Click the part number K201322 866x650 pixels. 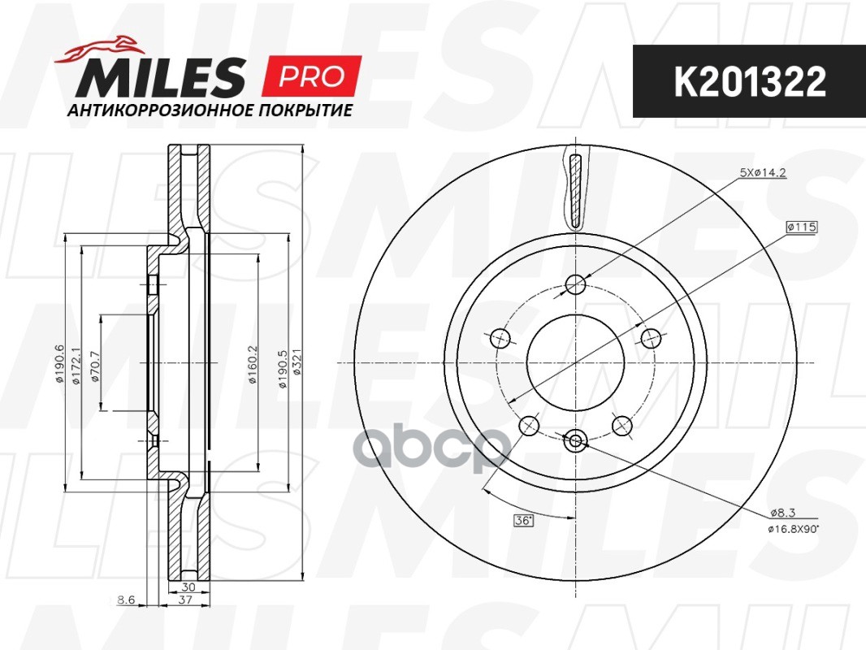[749, 81]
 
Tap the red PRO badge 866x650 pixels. [311, 76]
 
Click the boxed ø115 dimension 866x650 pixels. [800, 227]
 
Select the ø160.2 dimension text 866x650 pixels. [253, 362]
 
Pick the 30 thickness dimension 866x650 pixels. [188, 586]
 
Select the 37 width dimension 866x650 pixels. [185, 600]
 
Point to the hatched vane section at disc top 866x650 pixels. [575, 191]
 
